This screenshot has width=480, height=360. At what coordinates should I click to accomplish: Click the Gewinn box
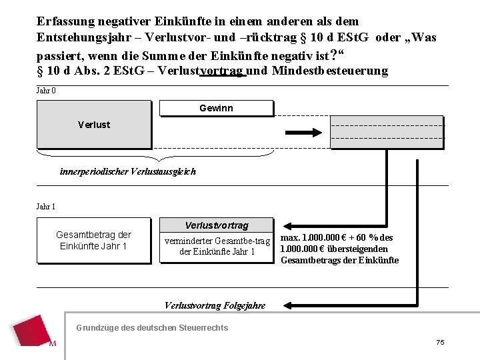tap(216, 108)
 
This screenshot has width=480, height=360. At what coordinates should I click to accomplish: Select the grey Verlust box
tap(94, 125)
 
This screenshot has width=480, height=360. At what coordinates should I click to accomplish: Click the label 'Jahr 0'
tap(46, 91)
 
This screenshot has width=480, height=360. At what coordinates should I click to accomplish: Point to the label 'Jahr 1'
tap(46, 207)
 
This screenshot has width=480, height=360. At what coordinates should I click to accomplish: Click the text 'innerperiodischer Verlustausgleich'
tap(128, 171)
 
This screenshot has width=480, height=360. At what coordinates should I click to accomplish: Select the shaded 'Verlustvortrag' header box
tap(216, 225)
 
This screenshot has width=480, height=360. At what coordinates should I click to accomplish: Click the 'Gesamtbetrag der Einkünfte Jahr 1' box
tap(93, 241)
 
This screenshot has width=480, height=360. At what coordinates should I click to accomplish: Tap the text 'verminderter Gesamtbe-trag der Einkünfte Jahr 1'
tap(217, 246)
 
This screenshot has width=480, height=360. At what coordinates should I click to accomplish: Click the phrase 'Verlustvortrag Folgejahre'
tap(215, 305)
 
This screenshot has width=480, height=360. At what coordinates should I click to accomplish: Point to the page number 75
tap(440, 342)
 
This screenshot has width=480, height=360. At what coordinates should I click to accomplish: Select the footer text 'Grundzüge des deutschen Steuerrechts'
tap(152, 327)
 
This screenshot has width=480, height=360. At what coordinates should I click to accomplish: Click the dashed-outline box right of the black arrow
tap(387, 131)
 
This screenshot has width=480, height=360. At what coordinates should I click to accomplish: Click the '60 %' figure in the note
tap(373, 237)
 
